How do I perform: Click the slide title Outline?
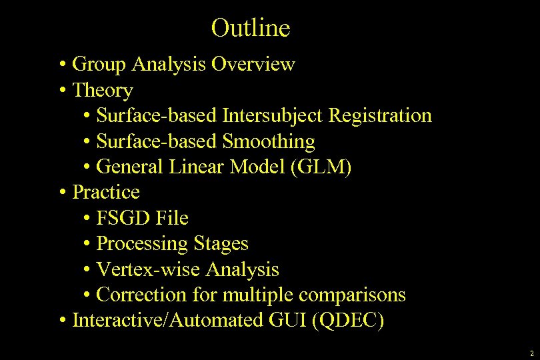coord(251,28)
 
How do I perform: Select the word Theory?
coord(103,90)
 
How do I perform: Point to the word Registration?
coord(380,116)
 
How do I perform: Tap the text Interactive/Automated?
coord(169,321)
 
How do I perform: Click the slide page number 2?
coord(531,353)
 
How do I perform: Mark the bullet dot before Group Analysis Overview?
coord(61,65)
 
